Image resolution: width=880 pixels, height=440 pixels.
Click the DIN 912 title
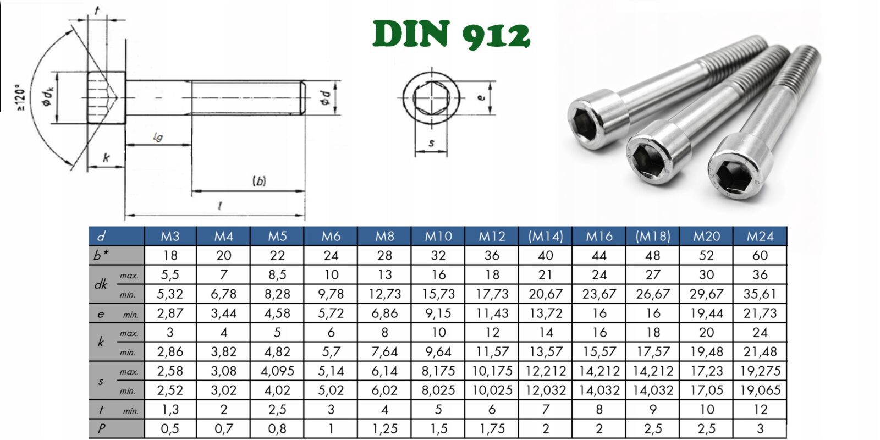tap(452, 35)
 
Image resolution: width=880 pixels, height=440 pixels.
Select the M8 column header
tap(384, 236)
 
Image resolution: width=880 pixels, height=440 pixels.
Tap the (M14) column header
tap(545, 236)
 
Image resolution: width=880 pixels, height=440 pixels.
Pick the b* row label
tap(101, 255)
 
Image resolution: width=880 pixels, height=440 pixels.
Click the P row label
tap(101, 428)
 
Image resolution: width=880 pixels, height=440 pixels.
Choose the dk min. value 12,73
tap(384, 294)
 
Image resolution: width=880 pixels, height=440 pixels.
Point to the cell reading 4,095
tap(277, 371)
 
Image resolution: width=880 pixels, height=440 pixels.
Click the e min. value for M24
tap(760, 313)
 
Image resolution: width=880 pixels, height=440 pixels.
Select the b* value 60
tap(760, 255)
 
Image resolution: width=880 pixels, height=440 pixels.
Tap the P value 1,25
tap(384, 428)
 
